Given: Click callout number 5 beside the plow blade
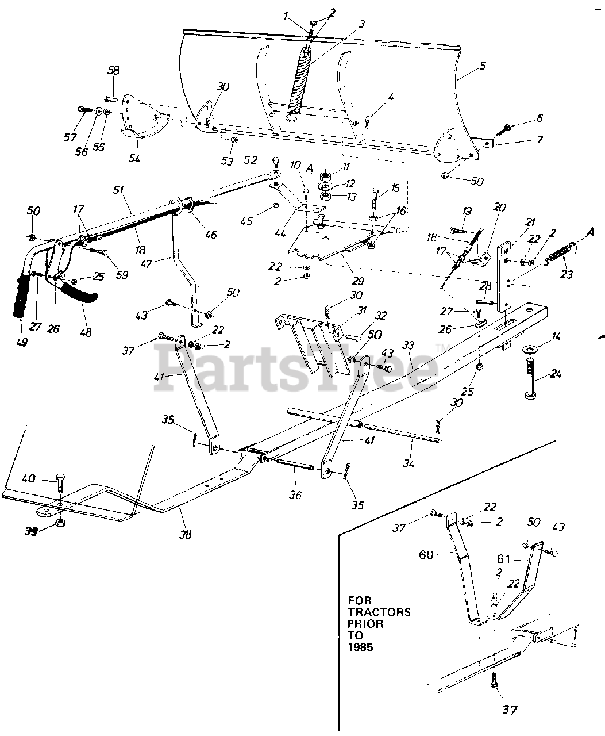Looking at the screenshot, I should point(482,66).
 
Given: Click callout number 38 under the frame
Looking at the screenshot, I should point(184,534).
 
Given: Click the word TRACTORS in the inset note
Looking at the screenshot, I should point(380,612).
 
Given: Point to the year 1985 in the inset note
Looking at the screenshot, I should point(360,647).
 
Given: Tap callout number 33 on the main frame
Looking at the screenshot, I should point(409,346).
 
